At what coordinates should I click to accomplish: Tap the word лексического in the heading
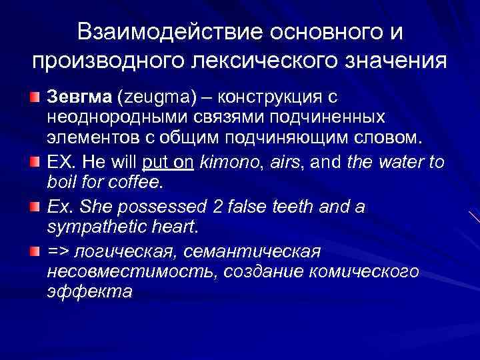pos(265,62)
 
